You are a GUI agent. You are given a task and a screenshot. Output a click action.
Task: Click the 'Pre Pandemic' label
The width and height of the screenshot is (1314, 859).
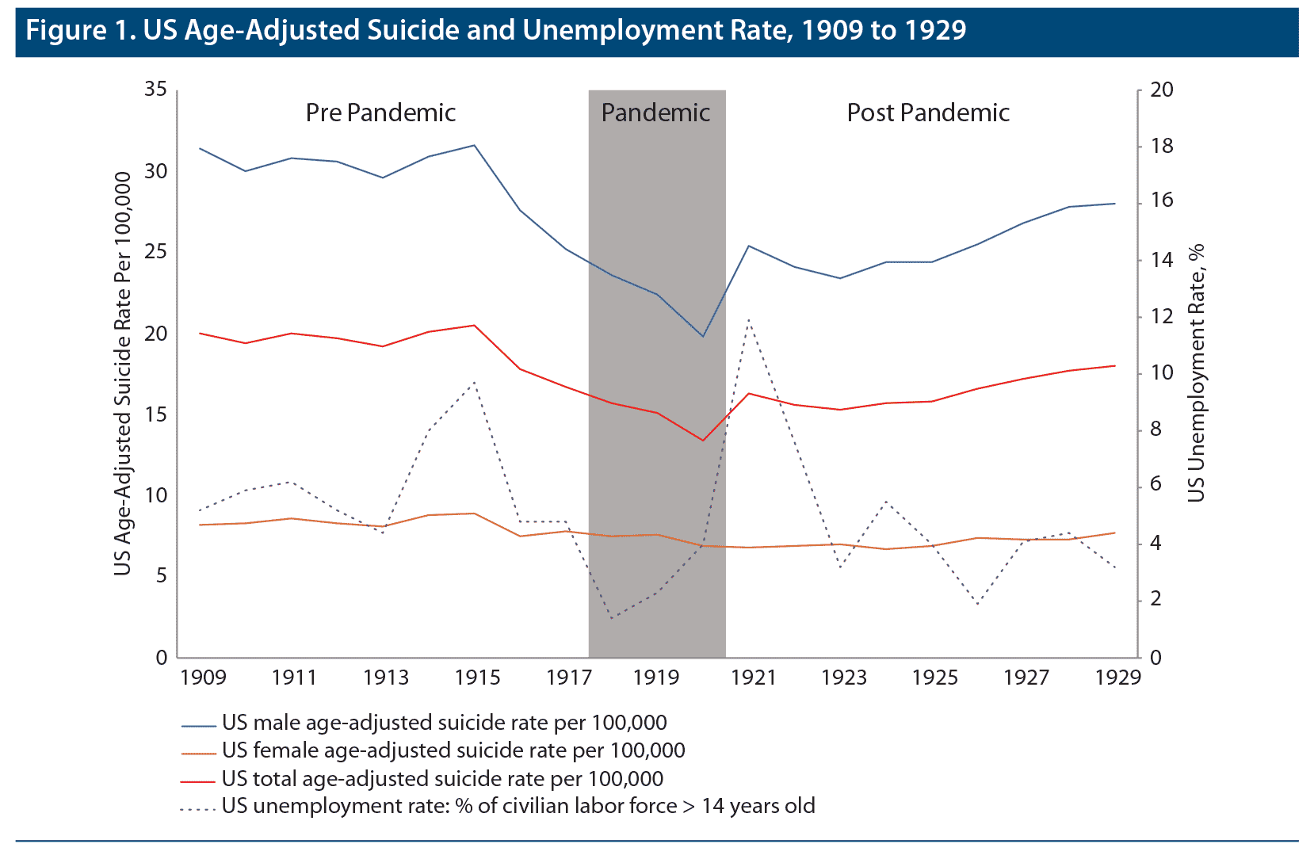point(380,113)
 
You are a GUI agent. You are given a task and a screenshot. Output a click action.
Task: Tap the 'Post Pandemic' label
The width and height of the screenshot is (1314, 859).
point(928,113)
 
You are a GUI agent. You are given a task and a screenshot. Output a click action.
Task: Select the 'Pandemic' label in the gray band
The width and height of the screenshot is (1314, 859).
point(655,113)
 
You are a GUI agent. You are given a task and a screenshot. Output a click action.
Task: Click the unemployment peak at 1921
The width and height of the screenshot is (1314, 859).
point(748,319)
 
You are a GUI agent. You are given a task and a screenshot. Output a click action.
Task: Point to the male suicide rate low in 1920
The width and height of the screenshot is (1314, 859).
point(702,337)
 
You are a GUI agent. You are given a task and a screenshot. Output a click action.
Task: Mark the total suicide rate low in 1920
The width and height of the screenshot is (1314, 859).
point(702,441)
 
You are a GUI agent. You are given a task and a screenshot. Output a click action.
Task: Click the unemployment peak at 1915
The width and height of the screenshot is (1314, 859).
point(474,382)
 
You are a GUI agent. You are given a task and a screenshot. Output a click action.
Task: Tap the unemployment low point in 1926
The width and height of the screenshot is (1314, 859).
point(977,605)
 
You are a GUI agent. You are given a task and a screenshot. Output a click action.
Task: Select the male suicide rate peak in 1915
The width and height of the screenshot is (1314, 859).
point(474,145)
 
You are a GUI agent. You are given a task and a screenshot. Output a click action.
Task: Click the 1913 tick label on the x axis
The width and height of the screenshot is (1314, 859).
point(386,678)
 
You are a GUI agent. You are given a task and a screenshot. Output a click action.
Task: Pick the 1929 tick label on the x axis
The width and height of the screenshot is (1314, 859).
point(1117,678)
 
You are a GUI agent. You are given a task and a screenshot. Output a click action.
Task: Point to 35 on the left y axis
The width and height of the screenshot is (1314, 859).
point(156,90)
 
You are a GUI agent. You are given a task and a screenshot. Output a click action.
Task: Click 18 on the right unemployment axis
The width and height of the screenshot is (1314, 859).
point(1162,147)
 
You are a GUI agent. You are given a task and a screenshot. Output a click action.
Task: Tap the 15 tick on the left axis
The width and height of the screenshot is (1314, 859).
point(156,414)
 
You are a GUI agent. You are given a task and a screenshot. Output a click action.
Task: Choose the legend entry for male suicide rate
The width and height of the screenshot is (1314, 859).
point(444,723)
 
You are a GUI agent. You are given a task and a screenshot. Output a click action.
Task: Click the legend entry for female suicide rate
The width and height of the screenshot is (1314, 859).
point(453,750)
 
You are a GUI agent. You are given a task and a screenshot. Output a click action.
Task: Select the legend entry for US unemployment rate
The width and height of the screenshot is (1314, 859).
point(518,807)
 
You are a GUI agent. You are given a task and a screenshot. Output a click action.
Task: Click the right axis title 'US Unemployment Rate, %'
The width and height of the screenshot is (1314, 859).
point(1196,372)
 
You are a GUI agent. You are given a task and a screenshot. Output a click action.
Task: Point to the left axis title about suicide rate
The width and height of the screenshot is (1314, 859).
point(122,372)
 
